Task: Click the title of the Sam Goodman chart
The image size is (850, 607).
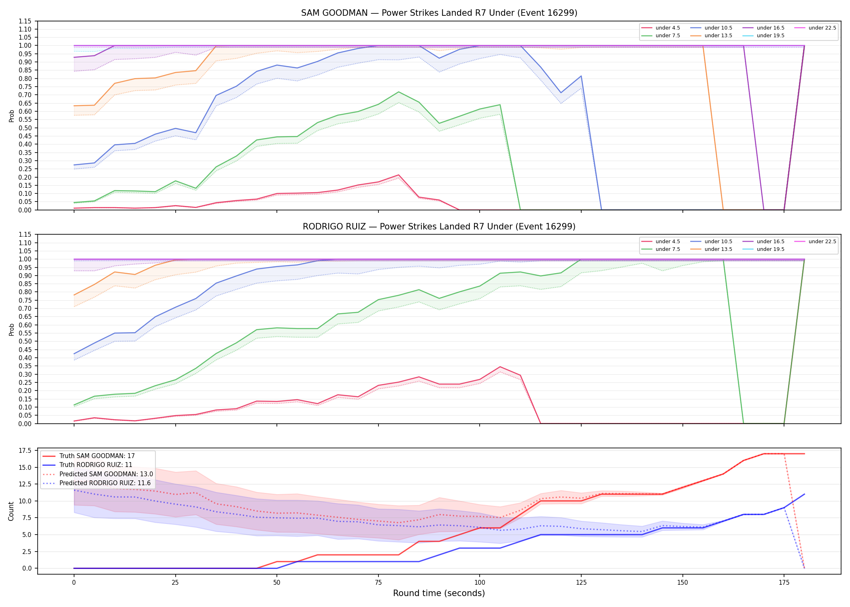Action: [439, 13]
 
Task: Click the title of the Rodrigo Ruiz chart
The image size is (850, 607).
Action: [439, 227]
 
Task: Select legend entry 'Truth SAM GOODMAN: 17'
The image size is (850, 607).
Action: [97, 456]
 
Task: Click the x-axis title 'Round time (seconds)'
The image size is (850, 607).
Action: [439, 593]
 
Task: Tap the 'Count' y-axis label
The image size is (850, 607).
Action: [11, 511]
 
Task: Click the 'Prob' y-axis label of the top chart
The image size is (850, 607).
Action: [11, 116]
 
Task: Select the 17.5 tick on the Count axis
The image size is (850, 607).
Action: [25, 450]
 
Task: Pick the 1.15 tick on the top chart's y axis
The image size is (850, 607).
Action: [25, 21]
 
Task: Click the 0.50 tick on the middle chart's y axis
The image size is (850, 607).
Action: [25, 342]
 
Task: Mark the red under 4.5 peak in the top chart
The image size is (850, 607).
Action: [399, 175]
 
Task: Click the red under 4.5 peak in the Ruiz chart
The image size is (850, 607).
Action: [500, 367]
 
